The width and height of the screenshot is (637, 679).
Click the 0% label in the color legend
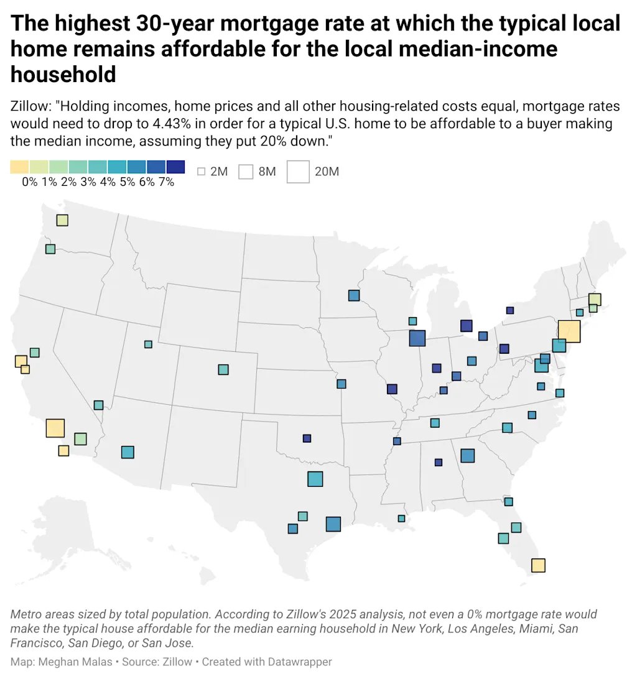coord(30,182)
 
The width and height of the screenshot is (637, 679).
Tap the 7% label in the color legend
coord(166,182)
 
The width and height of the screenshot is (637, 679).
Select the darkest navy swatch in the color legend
coord(176,167)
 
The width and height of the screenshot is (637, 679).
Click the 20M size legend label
coord(327,172)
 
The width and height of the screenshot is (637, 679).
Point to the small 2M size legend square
coord(201,172)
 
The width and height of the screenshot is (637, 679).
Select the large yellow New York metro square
coord(569,331)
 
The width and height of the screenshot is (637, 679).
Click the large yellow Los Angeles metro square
coord(55,428)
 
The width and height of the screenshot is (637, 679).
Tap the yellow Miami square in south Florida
coord(538,565)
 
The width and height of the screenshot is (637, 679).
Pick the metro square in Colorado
coord(223,369)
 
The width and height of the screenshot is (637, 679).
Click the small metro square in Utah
coord(148,344)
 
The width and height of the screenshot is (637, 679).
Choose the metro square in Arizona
coord(128,452)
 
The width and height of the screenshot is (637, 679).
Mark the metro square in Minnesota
coord(354,295)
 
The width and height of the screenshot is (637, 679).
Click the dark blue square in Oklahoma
coord(307,438)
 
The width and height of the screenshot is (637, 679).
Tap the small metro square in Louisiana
coord(401,519)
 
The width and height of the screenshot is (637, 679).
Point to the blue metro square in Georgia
coord(468,456)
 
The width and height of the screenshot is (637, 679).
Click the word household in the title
coord(63,75)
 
